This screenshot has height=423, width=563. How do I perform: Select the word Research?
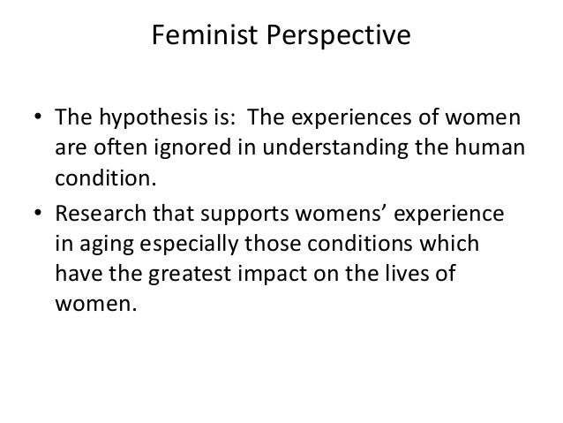(x=98, y=215)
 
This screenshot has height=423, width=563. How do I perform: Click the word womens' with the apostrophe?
(x=359, y=215)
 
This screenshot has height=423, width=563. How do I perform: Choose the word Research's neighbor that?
(x=169, y=215)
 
